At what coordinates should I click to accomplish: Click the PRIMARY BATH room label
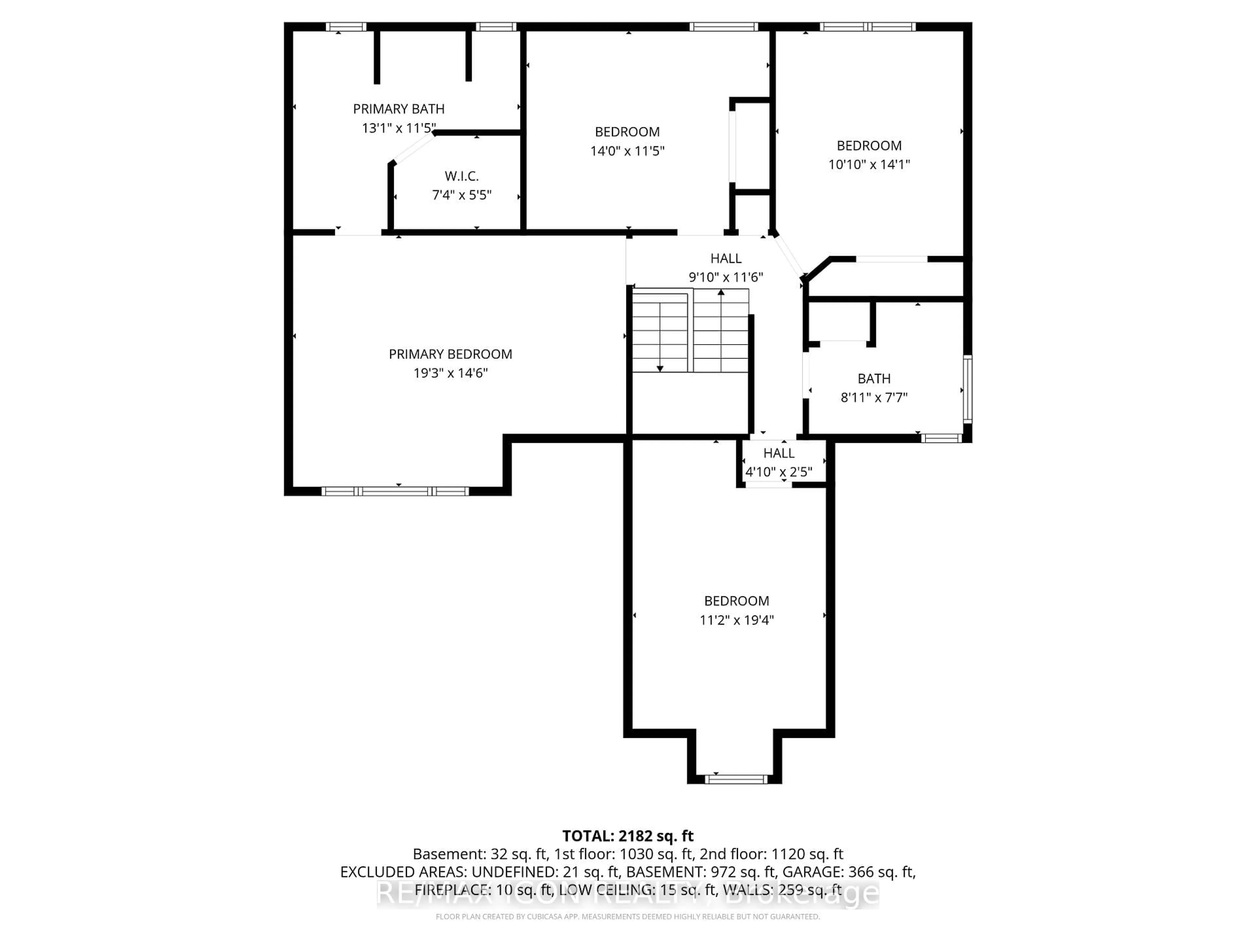(x=399, y=109)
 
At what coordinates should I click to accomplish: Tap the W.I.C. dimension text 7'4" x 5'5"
(x=462, y=195)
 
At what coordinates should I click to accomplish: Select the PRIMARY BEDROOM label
(x=450, y=354)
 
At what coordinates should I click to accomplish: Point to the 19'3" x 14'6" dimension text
(x=450, y=373)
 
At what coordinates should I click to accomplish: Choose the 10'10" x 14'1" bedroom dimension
(x=869, y=165)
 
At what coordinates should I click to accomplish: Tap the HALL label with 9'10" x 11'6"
(x=726, y=258)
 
